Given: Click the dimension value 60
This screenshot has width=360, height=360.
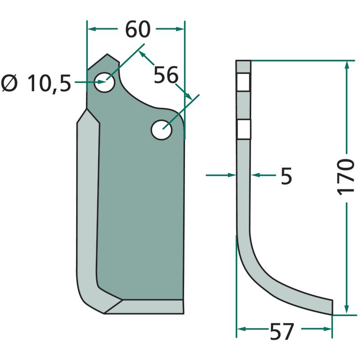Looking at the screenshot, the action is click(x=138, y=29).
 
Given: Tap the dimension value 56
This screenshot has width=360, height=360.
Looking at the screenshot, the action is click(x=166, y=75).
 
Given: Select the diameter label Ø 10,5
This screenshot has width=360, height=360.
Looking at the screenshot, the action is click(x=36, y=84).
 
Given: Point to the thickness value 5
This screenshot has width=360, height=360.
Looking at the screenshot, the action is click(x=286, y=175).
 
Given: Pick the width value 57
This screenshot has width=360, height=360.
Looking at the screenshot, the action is click(x=282, y=331).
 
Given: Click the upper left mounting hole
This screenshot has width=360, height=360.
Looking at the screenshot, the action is click(x=105, y=82).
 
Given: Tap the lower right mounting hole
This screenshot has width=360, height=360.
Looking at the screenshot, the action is click(x=162, y=130).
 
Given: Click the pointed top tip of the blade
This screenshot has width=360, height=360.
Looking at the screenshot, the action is click(x=107, y=54).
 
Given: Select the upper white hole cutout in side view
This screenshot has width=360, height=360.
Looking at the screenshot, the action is click(x=243, y=82).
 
